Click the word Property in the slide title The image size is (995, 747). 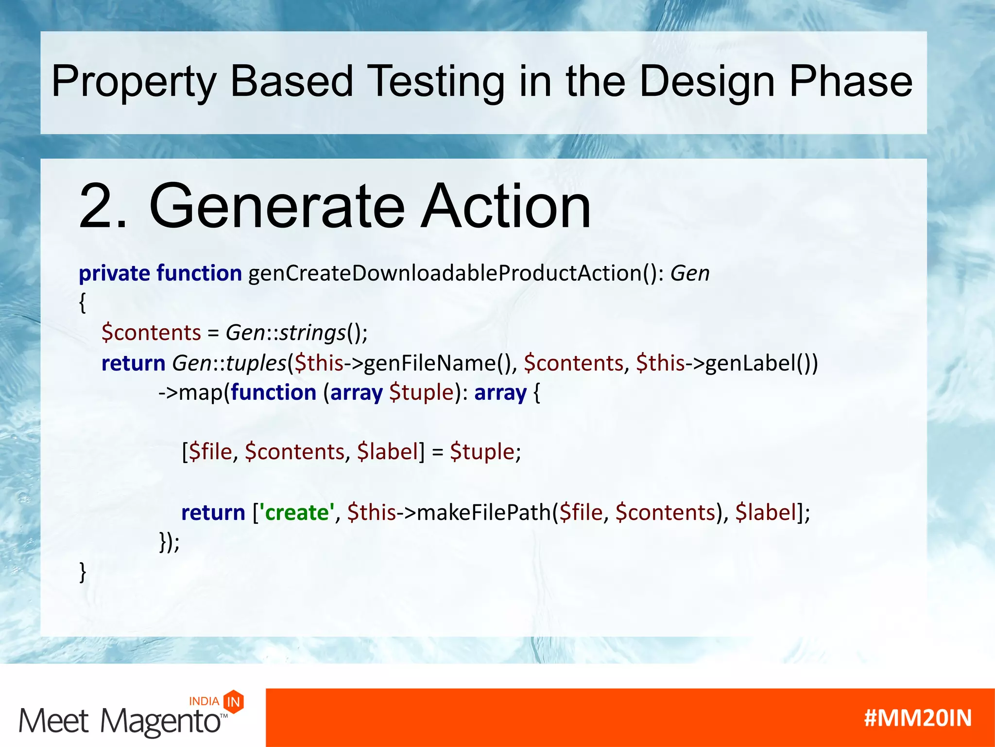[x=134, y=82]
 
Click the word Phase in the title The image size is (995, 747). [x=850, y=81]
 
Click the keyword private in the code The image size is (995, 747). [x=114, y=273]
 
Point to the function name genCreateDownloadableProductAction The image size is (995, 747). [x=445, y=273]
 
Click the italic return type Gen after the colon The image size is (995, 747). [x=690, y=273]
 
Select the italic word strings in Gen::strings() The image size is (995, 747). [x=312, y=333]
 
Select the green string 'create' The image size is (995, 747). [x=297, y=513]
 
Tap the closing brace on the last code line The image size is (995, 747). [x=83, y=572]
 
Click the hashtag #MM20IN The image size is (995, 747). [x=917, y=718]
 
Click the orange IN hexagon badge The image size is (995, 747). [x=234, y=702]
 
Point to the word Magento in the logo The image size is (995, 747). [x=160, y=721]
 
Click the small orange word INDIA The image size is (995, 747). [x=204, y=701]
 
